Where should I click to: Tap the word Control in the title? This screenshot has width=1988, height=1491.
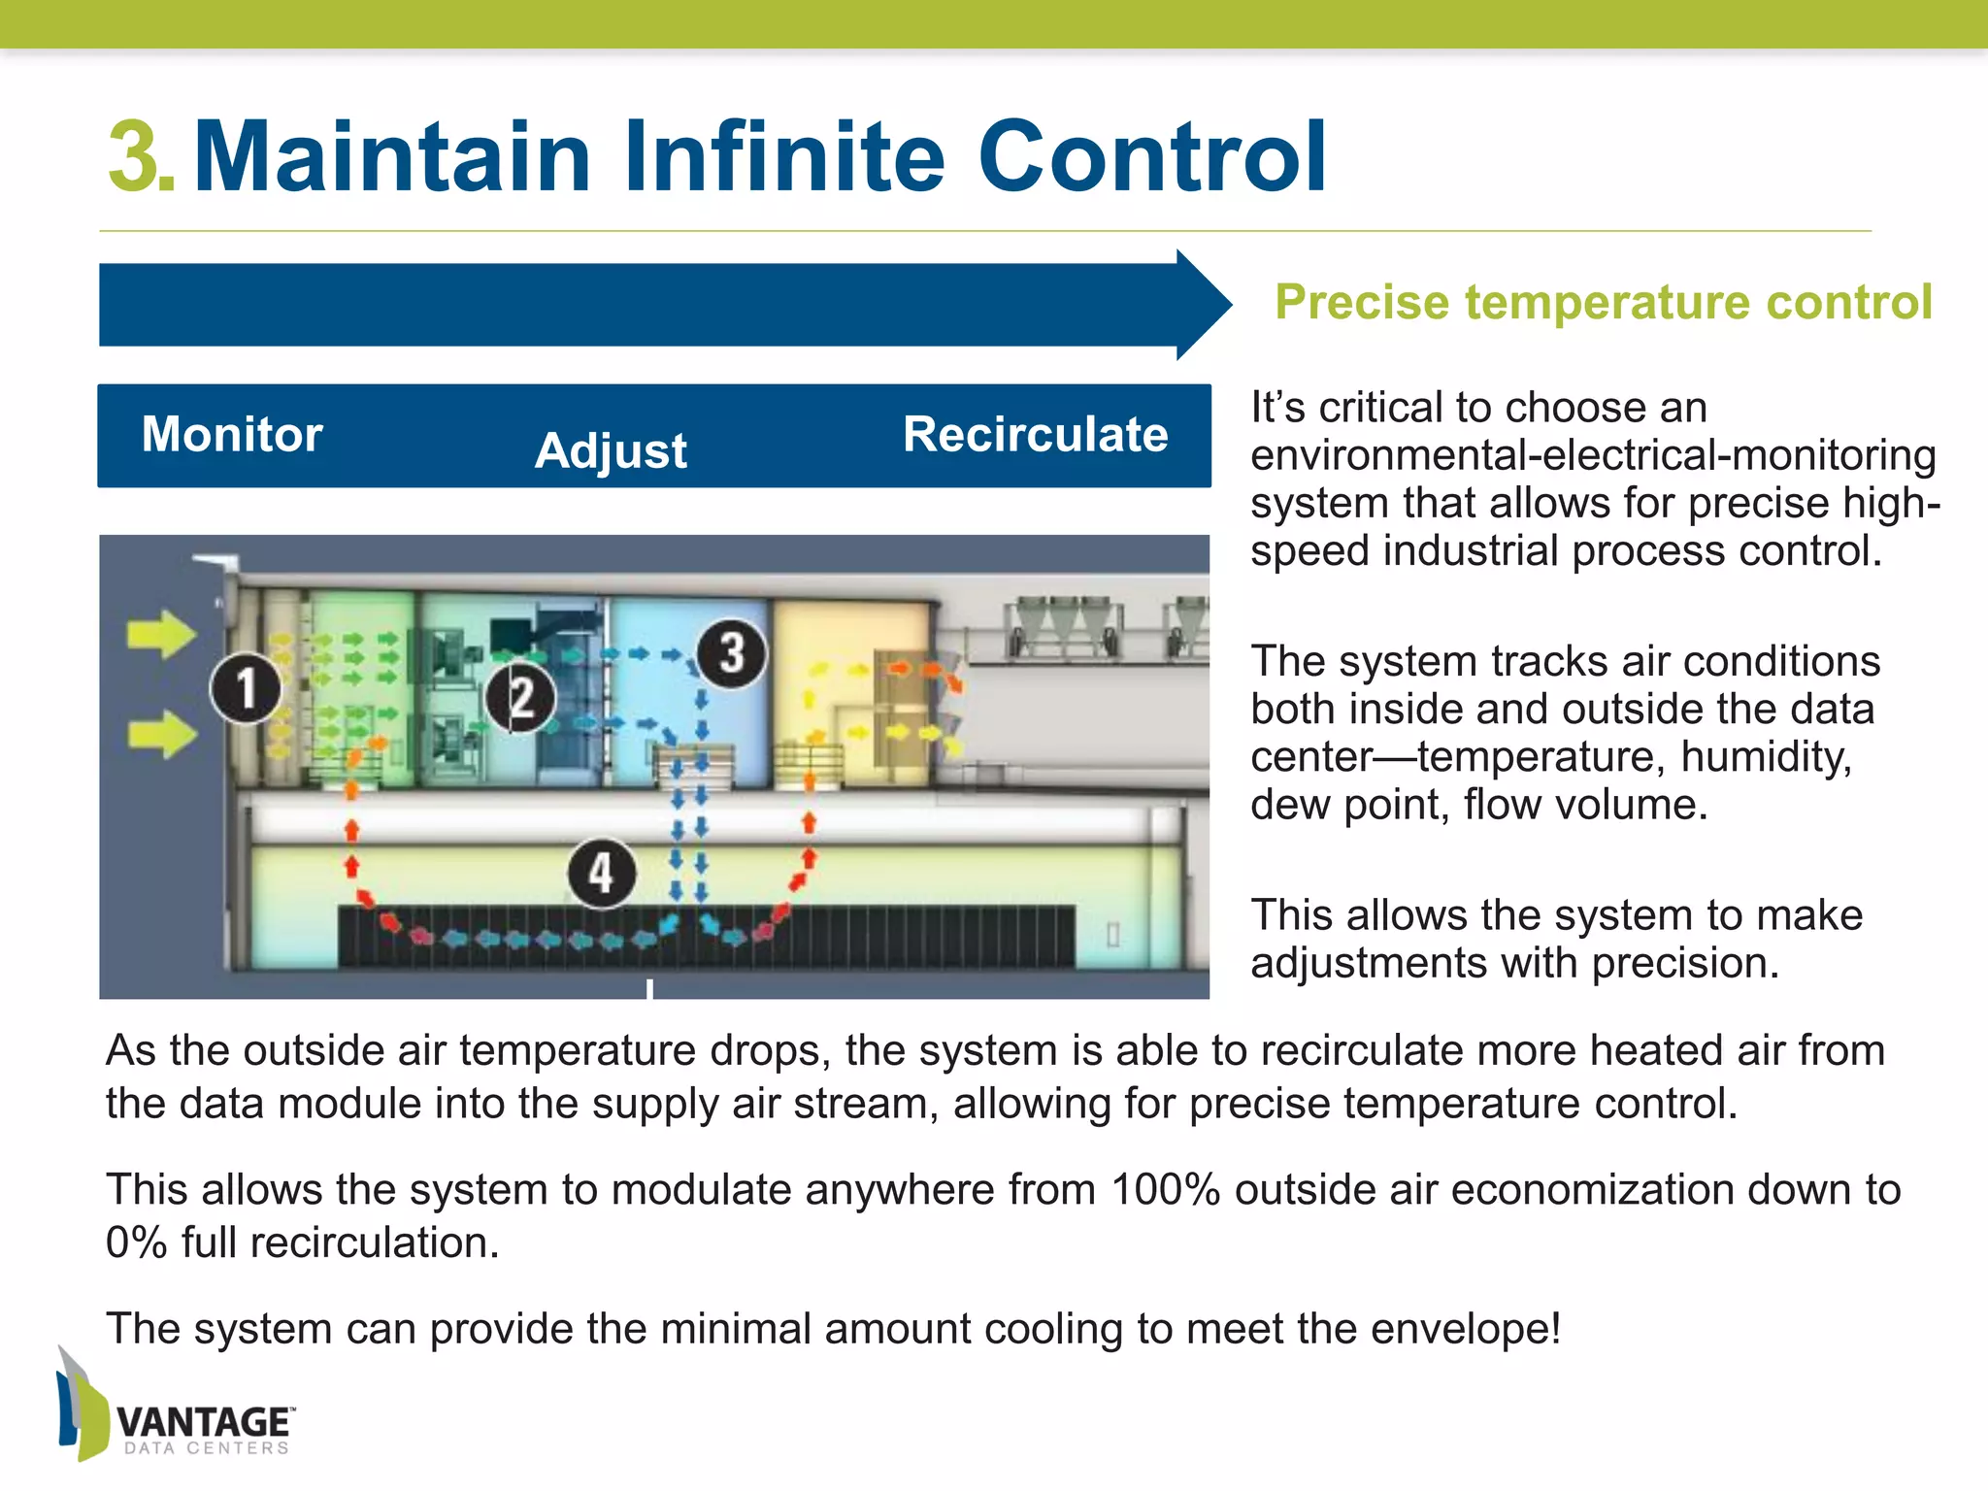point(1152,156)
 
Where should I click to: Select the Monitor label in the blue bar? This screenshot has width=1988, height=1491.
point(232,434)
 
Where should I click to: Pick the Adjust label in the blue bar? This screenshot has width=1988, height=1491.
point(611,451)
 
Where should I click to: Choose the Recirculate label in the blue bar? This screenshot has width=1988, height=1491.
point(1035,434)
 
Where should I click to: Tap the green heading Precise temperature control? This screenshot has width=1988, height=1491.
point(1603,302)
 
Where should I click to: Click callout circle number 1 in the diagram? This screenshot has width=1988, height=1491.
point(247,688)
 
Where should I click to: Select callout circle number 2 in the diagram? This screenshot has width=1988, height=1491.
point(521,698)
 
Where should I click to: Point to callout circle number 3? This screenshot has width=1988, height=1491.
point(731,653)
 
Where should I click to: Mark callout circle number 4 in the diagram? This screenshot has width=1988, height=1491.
point(602,874)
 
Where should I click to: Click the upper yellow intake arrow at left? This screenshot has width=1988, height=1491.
point(161,635)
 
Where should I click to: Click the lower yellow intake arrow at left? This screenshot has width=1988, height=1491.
point(161,733)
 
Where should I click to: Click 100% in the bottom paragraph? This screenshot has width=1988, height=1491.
point(1165,1190)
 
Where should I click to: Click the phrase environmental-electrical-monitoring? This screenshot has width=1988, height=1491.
point(1592,455)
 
